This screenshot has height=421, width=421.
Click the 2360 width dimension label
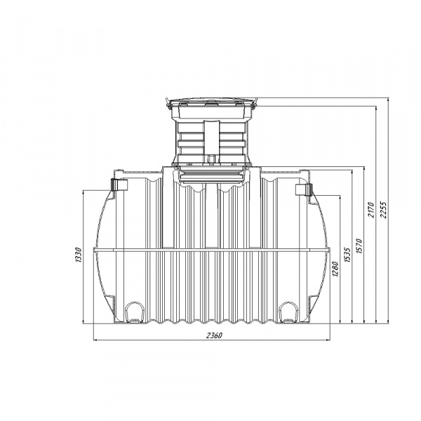pos(214,335)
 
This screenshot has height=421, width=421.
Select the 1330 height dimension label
pos(79,255)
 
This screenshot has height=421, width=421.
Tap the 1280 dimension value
pos(335,269)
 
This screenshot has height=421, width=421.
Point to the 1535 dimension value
pos(347,255)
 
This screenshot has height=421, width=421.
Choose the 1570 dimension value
pos(359,246)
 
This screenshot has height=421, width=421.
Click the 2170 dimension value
pos(371,210)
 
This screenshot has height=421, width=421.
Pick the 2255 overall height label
pos(383,210)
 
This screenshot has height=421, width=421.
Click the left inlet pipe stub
pos(119,185)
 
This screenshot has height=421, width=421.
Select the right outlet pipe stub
pos(304,190)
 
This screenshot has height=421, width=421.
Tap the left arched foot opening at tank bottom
pos(135,312)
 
